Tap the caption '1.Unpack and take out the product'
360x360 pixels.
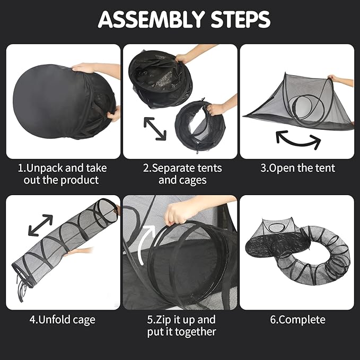63,174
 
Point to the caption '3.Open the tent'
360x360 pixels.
297,168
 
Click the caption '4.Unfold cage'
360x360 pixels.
63,320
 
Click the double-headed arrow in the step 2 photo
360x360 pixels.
155,128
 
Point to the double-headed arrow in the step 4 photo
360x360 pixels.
40,225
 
